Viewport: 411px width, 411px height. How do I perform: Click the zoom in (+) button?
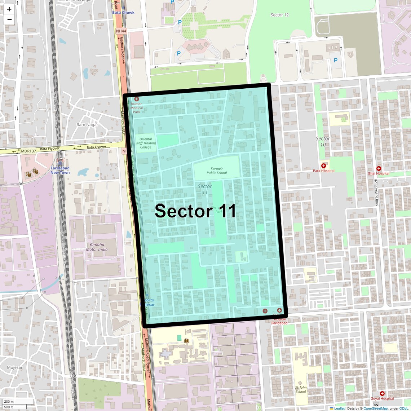tap(9, 9)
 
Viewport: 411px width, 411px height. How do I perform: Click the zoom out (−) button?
tap(9, 19)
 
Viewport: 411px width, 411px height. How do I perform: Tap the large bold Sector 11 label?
tap(195, 211)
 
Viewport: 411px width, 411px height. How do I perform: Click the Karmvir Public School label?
tap(217, 171)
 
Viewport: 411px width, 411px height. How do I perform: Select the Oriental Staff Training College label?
tap(146, 143)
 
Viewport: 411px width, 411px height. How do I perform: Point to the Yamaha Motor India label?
tap(97, 247)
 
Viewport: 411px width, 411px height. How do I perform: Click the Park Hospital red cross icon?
tap(323, 165)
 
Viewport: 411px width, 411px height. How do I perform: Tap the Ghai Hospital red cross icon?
tap(379, 168)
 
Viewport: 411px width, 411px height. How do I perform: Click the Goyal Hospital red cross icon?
tap(382, 394)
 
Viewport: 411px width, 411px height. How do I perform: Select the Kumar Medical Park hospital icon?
tap(137, 99)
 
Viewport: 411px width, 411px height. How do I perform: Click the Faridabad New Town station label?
tap(60, 170)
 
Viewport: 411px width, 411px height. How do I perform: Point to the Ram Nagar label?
tap(87, 125)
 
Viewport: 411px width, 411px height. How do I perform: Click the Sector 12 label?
tap(279, 15)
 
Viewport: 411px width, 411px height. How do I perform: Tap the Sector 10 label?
tap(323, 141)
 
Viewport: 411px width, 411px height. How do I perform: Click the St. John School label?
tap(301, 389)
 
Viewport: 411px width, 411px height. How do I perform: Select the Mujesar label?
tap(14, 367)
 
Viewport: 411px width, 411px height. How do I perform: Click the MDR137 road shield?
tap(28, 151)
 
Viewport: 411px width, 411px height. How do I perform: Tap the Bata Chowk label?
tap(123, 12)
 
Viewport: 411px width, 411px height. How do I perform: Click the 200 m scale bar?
tap(18, 401)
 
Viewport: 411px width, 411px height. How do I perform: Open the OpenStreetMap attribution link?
tap(375, 408)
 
